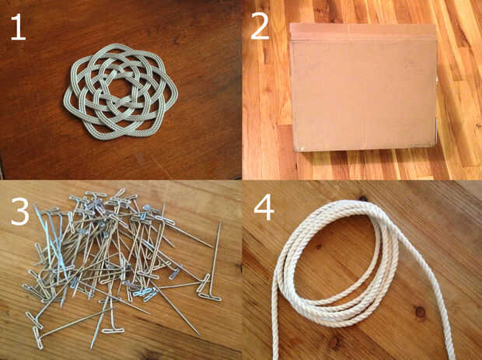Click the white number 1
point(18,27)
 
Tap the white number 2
point(260,27)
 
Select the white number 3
point(20,211)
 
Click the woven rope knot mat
point(120,91)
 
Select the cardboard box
point(363,88)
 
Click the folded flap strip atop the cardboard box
point(363,32)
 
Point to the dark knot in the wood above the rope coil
point(363,198)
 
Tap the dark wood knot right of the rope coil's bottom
point(420,312)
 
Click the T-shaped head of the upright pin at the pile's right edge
point(210,297)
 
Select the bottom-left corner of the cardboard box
point(295,150)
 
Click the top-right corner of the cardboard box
point(435,25)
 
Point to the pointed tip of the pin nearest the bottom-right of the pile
point(198,334)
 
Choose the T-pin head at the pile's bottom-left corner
point(38,338)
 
